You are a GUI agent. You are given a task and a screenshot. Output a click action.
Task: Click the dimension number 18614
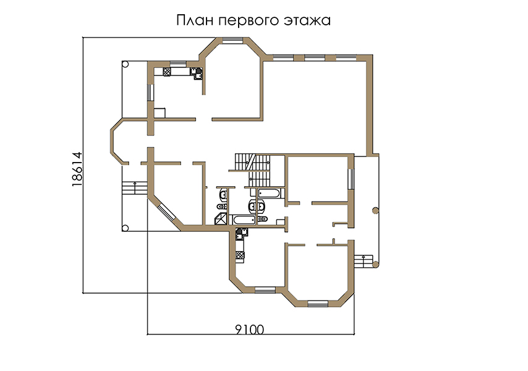[x=77, y=169]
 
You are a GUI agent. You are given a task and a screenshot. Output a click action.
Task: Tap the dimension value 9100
[x=250, y=330]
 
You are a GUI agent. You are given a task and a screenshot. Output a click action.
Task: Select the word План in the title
[x=195, y=20]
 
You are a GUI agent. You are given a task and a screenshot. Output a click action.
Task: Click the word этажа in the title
[x=307, y=21]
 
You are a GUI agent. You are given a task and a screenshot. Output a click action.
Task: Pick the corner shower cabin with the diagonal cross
[x=221, y=219]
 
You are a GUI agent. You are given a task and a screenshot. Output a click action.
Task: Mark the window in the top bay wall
[x=232, y=40]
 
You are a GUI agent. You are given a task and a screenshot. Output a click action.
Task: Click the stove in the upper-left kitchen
[x=167, y=72]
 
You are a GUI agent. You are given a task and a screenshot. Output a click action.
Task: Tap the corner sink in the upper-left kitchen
[x=197, y=73]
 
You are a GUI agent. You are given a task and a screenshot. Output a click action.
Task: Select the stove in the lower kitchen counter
[x=240, y=255]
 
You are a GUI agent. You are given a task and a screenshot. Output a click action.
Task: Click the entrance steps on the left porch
[x=135, y=188]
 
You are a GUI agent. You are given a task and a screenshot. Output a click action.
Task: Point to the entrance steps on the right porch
[x=364, y=262]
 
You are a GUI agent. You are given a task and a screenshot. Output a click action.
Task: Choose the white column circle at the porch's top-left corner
[x=125, y=64]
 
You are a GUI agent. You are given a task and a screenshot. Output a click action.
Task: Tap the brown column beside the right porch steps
[x=375, y=265]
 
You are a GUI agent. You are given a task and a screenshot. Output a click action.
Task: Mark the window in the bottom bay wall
[x=318, y=304]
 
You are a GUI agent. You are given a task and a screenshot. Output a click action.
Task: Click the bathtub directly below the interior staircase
[x=269, y=194]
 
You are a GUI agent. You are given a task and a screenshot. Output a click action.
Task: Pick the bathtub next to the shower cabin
[x=244, y=220]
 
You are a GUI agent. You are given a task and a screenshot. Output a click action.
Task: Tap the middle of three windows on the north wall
[x=315, y=58]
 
